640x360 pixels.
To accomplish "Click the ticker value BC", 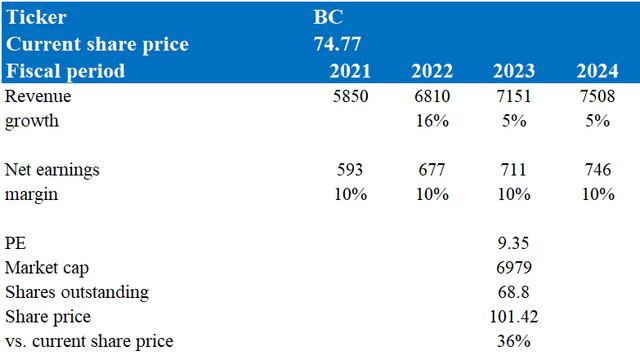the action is pos(328,17).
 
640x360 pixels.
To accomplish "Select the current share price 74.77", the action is pos(337,44).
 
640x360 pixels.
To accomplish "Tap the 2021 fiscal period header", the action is pos(350,71).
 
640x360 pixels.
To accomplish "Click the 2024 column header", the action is pos(597,71).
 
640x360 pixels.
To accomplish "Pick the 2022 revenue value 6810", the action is pos(432,96).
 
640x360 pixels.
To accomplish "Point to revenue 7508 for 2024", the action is pos(597,96).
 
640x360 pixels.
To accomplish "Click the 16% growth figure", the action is pos(432,121).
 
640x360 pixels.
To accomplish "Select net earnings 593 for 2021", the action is pos(350,169).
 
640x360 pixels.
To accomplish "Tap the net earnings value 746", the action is pos(598,169).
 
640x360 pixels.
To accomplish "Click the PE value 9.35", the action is pos(513,243).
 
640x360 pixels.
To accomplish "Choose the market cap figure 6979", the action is pos(514,267).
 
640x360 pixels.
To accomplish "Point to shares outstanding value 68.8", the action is pos(513,292).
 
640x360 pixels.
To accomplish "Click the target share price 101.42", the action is pos(514,316).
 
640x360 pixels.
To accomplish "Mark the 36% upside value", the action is pos(514,341).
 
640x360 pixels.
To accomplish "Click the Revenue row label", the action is pos(38,96).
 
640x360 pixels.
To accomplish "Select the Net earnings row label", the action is pos(52,170).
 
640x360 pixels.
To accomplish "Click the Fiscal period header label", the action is pos(65,71).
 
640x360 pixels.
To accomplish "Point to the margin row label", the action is pos(31,195).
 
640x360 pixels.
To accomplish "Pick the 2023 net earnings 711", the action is pos(513,169).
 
